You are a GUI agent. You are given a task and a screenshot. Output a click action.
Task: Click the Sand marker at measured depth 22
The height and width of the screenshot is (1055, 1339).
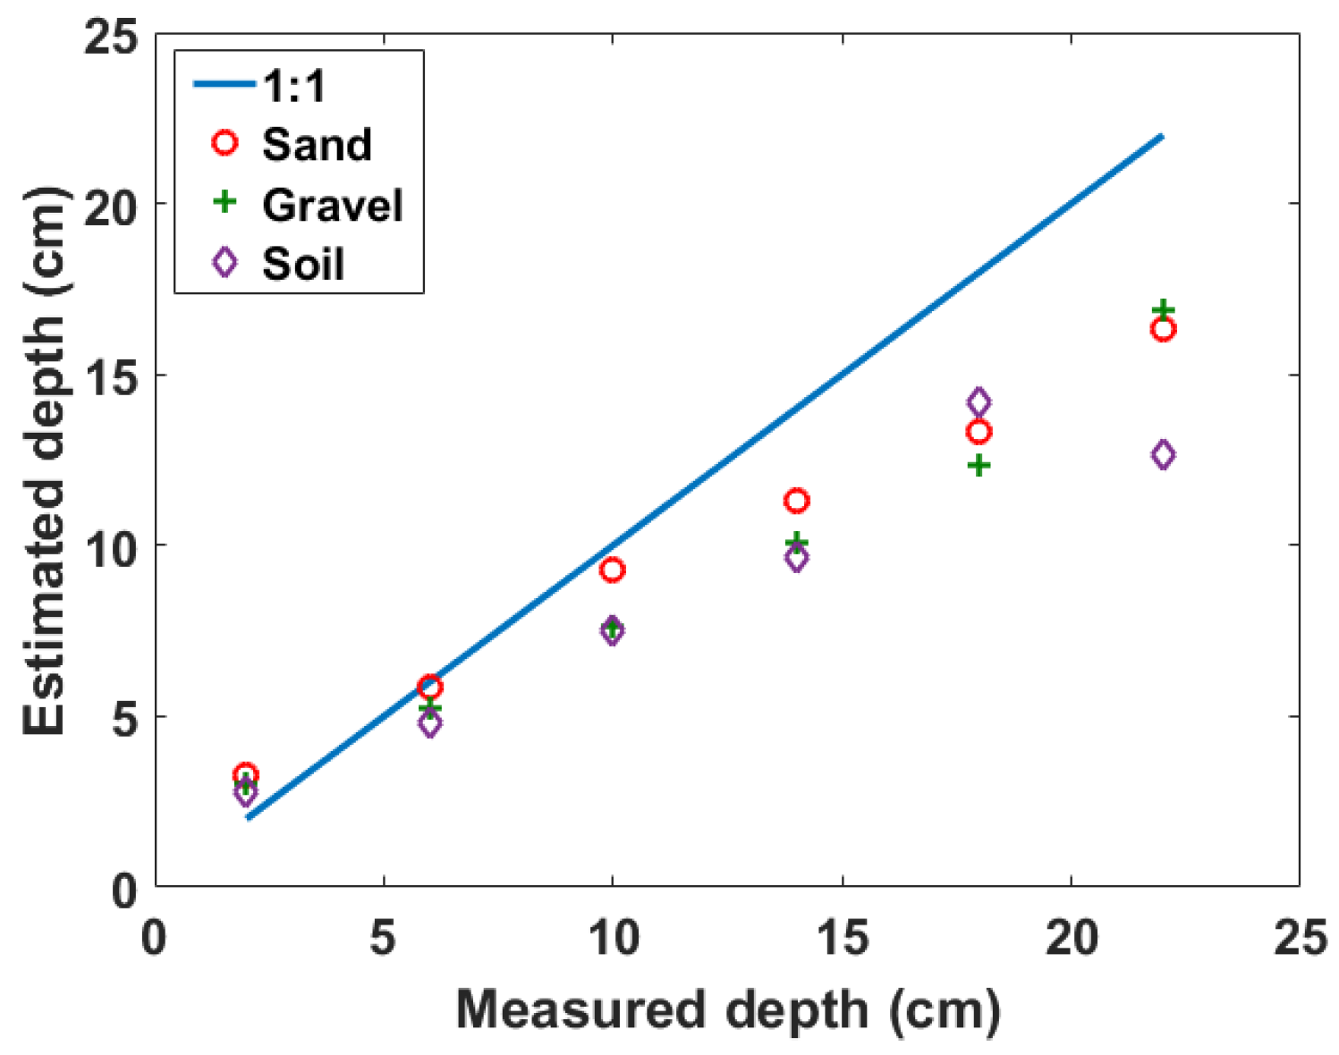(x=1162, y=329)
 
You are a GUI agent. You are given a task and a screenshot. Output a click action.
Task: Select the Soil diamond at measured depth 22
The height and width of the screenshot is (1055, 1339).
(x=1162, y=454)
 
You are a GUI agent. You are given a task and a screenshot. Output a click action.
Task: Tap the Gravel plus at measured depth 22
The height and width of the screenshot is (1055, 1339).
(x=1162, y=310)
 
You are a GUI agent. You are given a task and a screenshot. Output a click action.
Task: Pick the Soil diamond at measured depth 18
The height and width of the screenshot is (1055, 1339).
(x=979, y=402)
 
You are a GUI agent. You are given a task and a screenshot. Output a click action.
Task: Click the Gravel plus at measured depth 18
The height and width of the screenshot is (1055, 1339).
(x=979, y=465)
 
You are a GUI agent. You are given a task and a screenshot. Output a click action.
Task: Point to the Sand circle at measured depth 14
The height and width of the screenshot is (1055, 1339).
(x=796, y=501)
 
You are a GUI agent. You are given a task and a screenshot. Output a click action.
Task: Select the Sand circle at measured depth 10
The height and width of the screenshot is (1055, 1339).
(x=612, y=570)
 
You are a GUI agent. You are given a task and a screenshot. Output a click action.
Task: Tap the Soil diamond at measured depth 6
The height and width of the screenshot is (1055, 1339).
(x=430, y=723)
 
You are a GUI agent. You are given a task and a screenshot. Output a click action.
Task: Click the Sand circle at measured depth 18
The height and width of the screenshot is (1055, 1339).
(x=979, y=432)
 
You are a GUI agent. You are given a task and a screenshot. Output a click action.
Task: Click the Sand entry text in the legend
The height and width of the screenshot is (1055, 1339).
(x=317, y=145)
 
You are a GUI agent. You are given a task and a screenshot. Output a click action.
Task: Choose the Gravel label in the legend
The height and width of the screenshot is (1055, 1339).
(x=333, y=205)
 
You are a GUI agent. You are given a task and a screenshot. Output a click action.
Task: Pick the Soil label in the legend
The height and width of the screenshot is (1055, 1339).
(x=303, y=265)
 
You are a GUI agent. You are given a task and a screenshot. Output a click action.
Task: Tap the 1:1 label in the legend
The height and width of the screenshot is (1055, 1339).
(x=295, y=86)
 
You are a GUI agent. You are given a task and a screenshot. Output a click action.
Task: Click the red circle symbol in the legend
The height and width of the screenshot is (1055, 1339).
(x=225, y=143)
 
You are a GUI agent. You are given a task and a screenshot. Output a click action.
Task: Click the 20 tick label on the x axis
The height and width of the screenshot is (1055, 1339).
(x=1071, y=938)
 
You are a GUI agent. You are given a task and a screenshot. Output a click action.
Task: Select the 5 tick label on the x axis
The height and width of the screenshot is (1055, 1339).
(x=384, y=938)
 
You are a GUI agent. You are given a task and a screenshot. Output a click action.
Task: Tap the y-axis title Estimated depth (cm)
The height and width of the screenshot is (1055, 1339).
(x=45, y=460)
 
